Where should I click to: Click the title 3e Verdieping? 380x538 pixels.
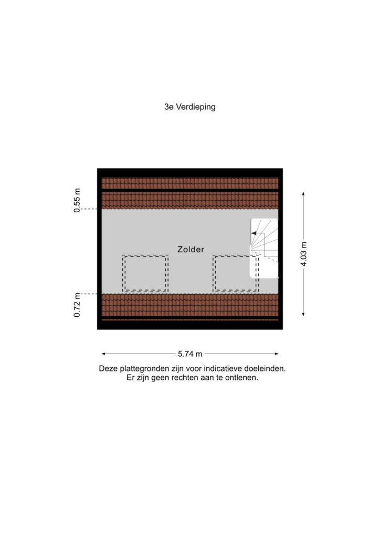pyautogui.click(x=190, y=107)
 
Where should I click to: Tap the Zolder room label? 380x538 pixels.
pyautogui.click(x=191, y=250)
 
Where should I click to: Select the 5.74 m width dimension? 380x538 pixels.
pyautogui.click(x=190, y=354)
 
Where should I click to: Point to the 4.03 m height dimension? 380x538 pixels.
pyautogui.click(x=303, y=254)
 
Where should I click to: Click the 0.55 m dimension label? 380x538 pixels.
pyautogui.click(x=77, y=200)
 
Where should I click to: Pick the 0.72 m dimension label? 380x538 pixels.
pyautogui.click(x=77, y=305)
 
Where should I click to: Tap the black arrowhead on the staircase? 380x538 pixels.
pyautogui.click(x=254, y=233)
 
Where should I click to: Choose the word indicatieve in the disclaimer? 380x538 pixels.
pyautogui.click(x=223, y=369)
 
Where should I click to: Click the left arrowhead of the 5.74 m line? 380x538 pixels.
pyautogui.click(x=103, y=354)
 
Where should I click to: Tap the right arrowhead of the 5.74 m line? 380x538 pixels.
pyautogui.click(x=277, y=354)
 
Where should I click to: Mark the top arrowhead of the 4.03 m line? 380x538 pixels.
pyautogui.click(x=303, y=194)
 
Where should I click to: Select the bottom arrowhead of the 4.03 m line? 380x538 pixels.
pyautogui.click(x=303, y=314)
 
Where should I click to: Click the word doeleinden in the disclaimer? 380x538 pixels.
pyautogui.click(x=265, y=369)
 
